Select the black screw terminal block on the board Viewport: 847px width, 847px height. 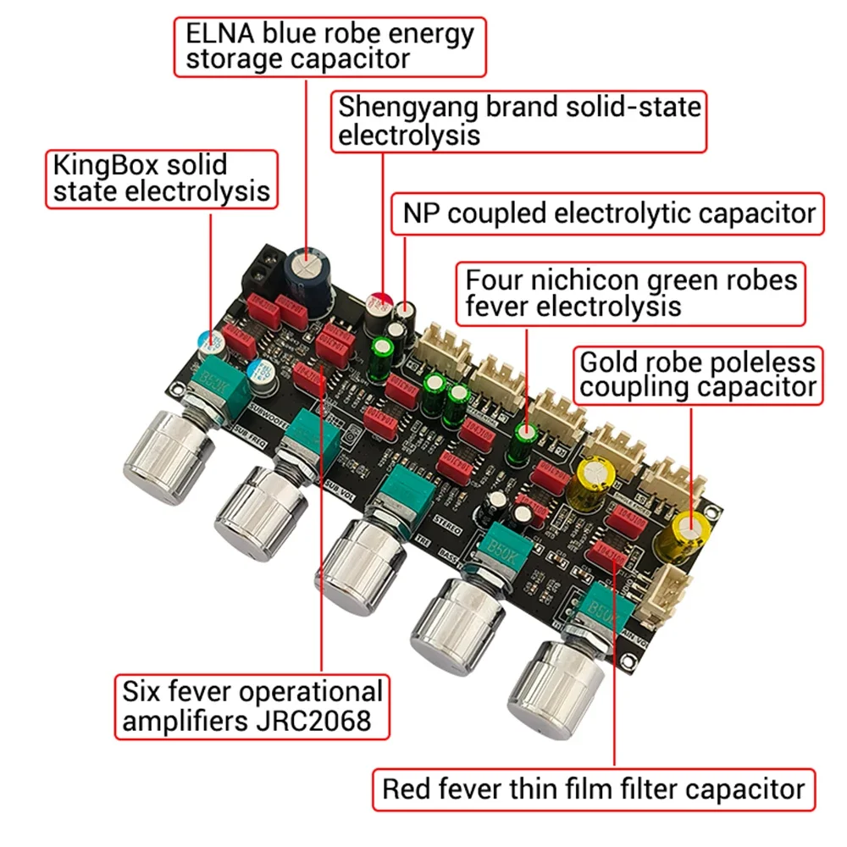pos(261,273)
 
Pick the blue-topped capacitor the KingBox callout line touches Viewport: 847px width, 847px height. pos(208,340)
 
